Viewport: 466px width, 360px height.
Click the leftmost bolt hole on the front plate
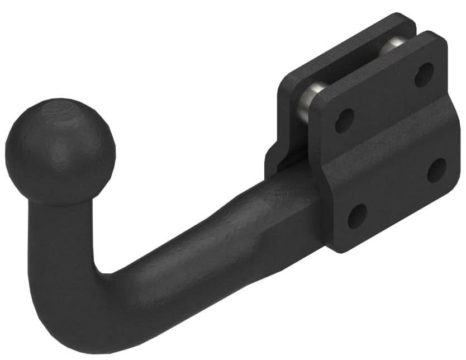344,120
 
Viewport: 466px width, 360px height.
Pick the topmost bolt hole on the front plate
424,74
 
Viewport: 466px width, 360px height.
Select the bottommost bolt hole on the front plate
357,215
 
